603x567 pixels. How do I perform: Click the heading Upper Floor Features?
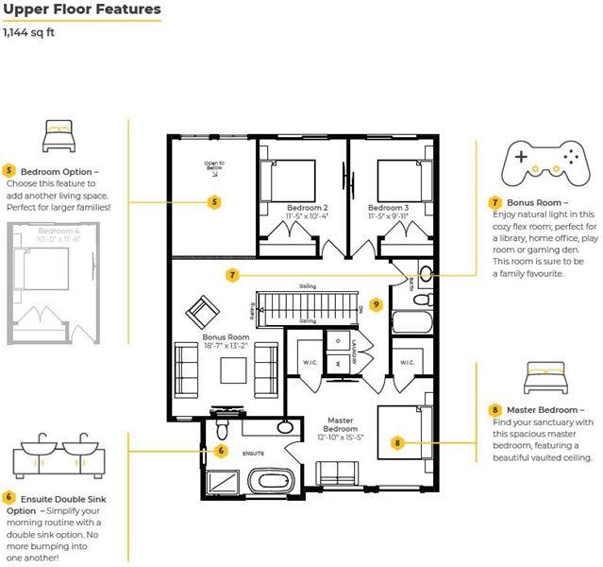coord(81,10)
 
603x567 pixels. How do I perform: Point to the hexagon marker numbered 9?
coord(376,304)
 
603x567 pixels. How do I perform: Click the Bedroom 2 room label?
coord(308,207)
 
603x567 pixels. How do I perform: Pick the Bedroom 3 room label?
coord(388,207)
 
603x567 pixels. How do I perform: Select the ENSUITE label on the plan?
coord(252,454)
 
